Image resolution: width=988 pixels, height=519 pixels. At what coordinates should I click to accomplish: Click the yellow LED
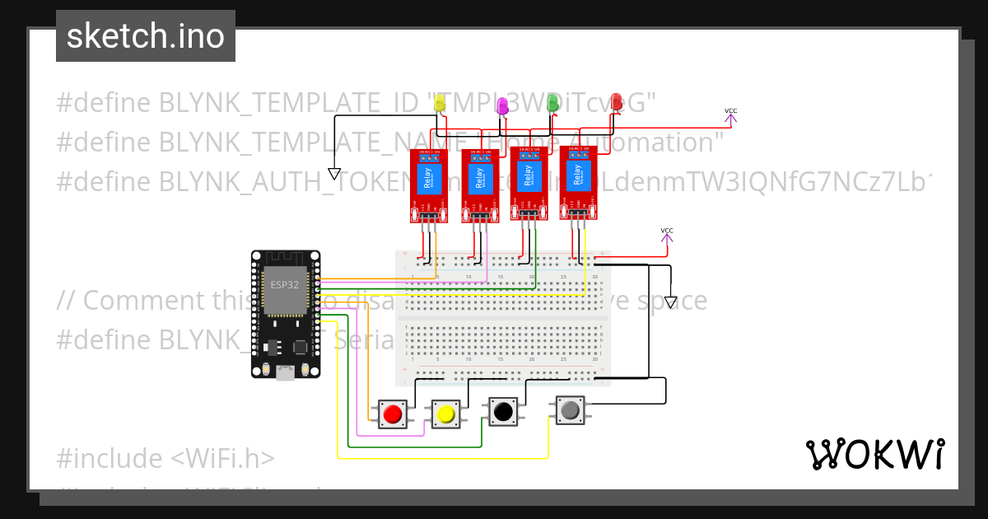pyautogui.click(x=440, y=103)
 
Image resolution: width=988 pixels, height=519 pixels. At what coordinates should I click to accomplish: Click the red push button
pyautogui.click(x=393, y=414)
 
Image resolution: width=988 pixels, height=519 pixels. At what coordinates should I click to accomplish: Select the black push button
pyautogui.click(x=501, y=410)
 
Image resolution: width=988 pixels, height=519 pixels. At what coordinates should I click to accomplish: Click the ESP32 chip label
pyautogui.click(x=283, y=285)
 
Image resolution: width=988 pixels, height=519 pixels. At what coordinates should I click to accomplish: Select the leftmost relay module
pyautogui.click(x=429, y=185)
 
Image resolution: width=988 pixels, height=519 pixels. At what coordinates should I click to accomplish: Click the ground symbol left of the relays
pyautogui.click(x=334, y=173)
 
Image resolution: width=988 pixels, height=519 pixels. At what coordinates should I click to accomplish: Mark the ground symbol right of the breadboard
pyautogui.click(x=671, y=302)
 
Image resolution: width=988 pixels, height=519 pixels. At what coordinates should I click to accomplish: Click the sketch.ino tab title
pyautogui.click(x=146, y=36)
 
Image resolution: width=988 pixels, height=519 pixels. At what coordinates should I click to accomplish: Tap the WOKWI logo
pyautogui.click(x=874, y=454)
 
